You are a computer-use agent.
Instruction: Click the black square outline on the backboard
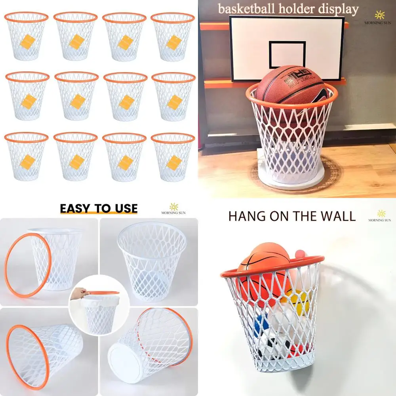click(287, 54)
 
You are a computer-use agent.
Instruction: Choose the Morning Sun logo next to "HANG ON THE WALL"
click(381, 216)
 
